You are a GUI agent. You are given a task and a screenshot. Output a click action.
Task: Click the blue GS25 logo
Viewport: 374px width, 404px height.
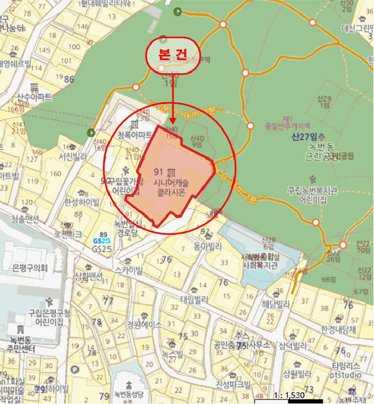pyautogui.click(x=102, y=241)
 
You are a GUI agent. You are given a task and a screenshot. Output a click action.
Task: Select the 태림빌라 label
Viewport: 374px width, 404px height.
pyautogui.click(x=195, y=300)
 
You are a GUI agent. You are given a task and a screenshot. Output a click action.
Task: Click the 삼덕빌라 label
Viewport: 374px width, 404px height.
pyautogui.click(x=293, y=346)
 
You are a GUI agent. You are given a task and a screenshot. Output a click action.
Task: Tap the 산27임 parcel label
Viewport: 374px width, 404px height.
pyautogui.click(x=305, y=137)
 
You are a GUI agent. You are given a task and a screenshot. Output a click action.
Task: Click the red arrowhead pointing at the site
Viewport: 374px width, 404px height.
pyautogui.click(x=173, y=123)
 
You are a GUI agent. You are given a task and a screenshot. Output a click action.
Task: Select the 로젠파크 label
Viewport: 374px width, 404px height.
pyautogui.click(x=68, y=234)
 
